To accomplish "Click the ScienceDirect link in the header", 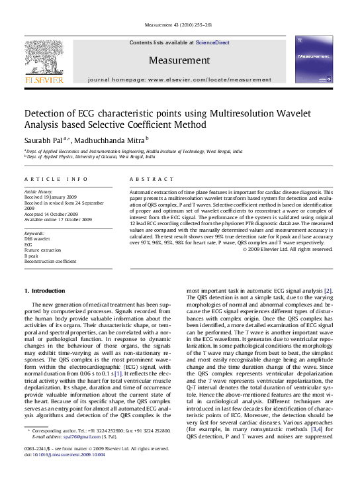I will pos(212,42).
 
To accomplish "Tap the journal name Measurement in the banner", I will pos(179,60).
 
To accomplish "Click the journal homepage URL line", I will pos(179,79).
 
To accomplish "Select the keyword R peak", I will pos(31,255).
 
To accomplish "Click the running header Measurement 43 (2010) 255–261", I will pos(179,25).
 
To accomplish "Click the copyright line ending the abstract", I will pos(287,249).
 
